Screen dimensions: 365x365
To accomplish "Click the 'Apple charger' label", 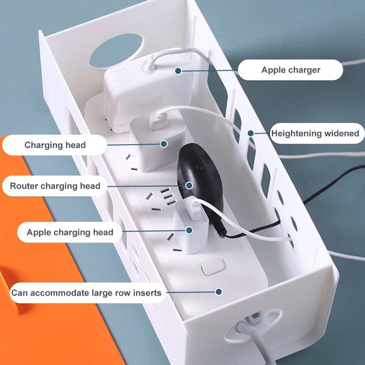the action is coord(290,70).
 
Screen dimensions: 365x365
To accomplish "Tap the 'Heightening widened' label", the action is coord(317,133).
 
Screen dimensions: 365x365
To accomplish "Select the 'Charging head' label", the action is coord(55,145).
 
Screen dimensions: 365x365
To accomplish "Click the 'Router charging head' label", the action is coord(55,186).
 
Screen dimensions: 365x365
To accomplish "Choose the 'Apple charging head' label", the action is coord(70,232).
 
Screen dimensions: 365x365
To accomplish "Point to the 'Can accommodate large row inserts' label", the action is coord(88,293).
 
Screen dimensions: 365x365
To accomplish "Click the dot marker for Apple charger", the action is coord(178,71).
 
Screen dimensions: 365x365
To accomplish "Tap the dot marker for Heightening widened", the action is coord(250,133).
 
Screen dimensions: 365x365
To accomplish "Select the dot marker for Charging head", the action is coord(164,144).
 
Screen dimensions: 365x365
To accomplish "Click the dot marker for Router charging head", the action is coord(189,185).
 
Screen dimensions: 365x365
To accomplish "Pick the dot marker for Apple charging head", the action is coord(189,230).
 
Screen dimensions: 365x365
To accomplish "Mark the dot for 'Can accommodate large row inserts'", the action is coord(219,292).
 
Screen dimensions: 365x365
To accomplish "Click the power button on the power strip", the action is coord(213,267).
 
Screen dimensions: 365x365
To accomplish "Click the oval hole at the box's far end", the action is coord(116,51).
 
